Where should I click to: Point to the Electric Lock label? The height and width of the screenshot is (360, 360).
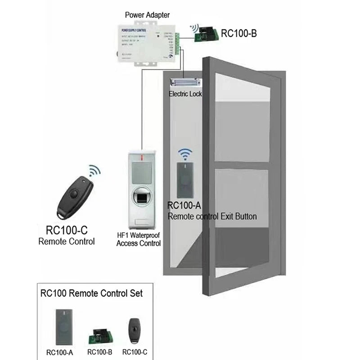click(x=185, y=94)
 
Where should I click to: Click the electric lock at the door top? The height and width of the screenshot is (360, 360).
click(x=185, y=83)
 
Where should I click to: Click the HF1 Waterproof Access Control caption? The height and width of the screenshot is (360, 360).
click(x=138, y=239)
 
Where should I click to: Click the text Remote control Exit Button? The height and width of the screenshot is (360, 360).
click(x=212, y=216)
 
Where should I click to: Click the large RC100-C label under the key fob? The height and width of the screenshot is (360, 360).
click(x=67, y=230)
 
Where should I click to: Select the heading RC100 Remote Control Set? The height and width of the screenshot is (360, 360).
click(x=91, y=293)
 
